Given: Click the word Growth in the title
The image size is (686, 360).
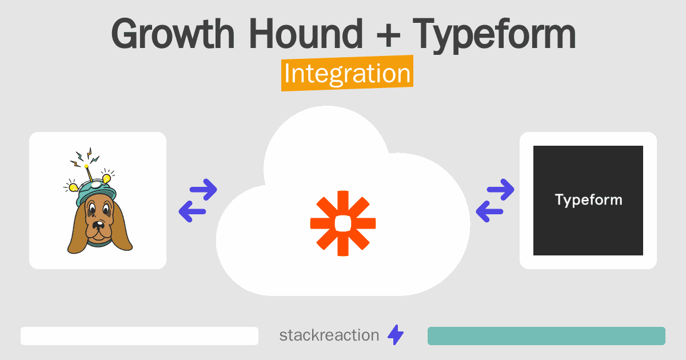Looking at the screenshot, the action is coord(173,34).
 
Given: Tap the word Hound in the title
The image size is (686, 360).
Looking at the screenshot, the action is coord(306,34).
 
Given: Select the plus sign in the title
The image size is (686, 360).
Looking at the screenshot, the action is coord(388,36).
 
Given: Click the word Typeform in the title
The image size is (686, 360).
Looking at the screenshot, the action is coord(494,36).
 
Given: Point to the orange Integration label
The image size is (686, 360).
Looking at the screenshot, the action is coord(348,73).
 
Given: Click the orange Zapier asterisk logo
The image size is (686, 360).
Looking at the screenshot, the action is coord(343,223).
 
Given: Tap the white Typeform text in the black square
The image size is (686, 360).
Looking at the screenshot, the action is coord(588,200).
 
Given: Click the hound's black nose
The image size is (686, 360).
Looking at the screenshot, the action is coord(98,225).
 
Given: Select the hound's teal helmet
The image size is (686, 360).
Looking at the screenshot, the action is coord(97,191).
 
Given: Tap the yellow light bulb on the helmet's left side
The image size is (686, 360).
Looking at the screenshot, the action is coord(74,187).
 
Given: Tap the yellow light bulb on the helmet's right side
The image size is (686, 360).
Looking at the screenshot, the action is coord(106,178).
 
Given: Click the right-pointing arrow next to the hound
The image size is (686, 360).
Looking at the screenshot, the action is coord(204,190).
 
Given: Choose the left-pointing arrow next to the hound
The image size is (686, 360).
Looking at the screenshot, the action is coord(192,211).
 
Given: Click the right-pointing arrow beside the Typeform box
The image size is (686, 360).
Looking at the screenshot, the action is coord(500,190).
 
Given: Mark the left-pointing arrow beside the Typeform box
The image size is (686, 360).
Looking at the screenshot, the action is coord(489,211).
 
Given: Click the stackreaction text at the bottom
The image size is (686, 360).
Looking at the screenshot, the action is coord(329,335).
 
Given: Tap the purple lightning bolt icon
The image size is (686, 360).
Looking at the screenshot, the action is coord(396,335).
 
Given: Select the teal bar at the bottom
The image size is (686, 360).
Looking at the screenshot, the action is coord(547,336).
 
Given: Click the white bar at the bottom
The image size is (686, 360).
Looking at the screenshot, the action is coord(139,336).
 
